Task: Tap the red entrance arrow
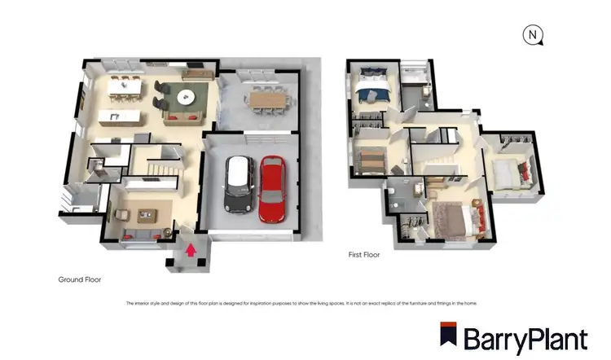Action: click(191, 249)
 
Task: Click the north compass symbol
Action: click(533, 35)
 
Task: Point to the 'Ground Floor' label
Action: click(79, 279)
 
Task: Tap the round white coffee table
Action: click(187, 96)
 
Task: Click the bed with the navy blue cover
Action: click(375, 89)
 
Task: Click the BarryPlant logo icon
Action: click(447, 336)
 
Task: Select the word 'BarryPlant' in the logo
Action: click(525, 338)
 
